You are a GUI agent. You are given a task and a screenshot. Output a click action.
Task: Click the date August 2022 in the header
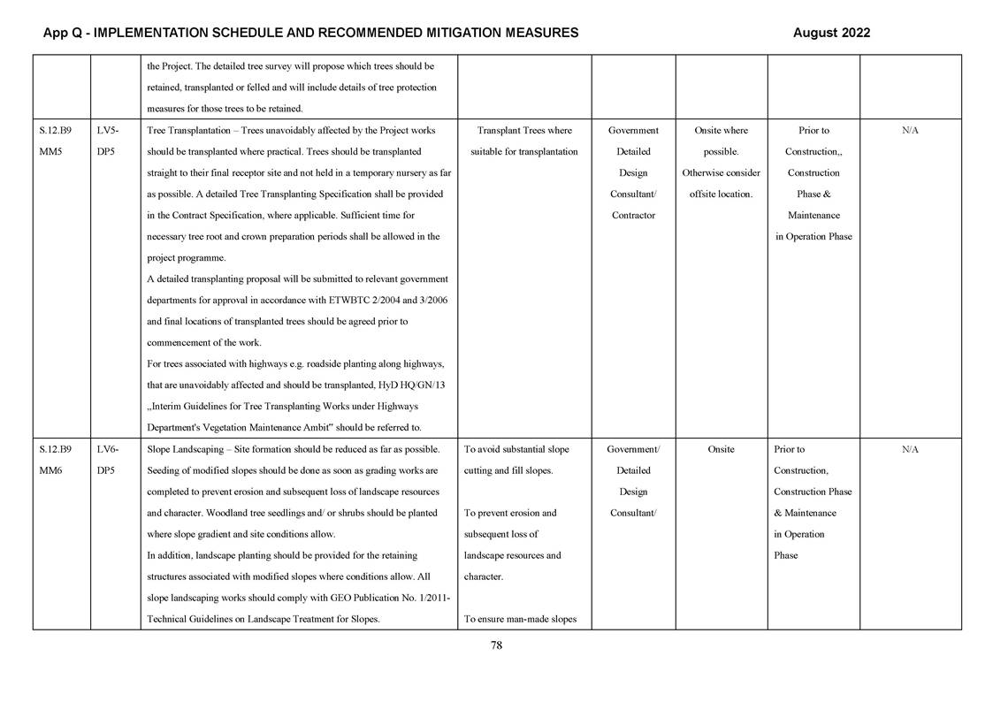(831, 33)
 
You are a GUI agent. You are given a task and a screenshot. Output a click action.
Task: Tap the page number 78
(496, 645)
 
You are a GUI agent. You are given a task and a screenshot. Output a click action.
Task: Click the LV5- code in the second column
(107, 131)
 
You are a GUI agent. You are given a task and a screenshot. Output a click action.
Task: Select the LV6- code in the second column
(107, 449)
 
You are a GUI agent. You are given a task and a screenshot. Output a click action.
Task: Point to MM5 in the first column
(51, 152)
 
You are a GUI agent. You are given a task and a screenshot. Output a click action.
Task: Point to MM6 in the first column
(51, 470)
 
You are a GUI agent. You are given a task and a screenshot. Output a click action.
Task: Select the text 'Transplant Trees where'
(523, 131)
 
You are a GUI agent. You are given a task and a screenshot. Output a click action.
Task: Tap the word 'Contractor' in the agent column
(633, 216)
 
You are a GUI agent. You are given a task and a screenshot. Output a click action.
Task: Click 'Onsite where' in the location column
(721, 131)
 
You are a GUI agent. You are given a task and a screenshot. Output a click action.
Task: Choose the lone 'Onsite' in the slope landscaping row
(721, 449)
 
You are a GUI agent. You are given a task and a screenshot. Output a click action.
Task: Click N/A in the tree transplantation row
(910, 131)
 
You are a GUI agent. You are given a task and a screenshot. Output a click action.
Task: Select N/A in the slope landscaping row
(910, 449)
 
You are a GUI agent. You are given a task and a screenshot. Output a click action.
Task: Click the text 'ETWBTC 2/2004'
(359, 301)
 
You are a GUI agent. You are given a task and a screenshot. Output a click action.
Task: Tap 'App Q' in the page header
(63, 33)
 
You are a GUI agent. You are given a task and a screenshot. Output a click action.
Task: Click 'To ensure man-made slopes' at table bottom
(520, 619)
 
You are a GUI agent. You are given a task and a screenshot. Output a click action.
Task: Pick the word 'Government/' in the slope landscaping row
(633, 449)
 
